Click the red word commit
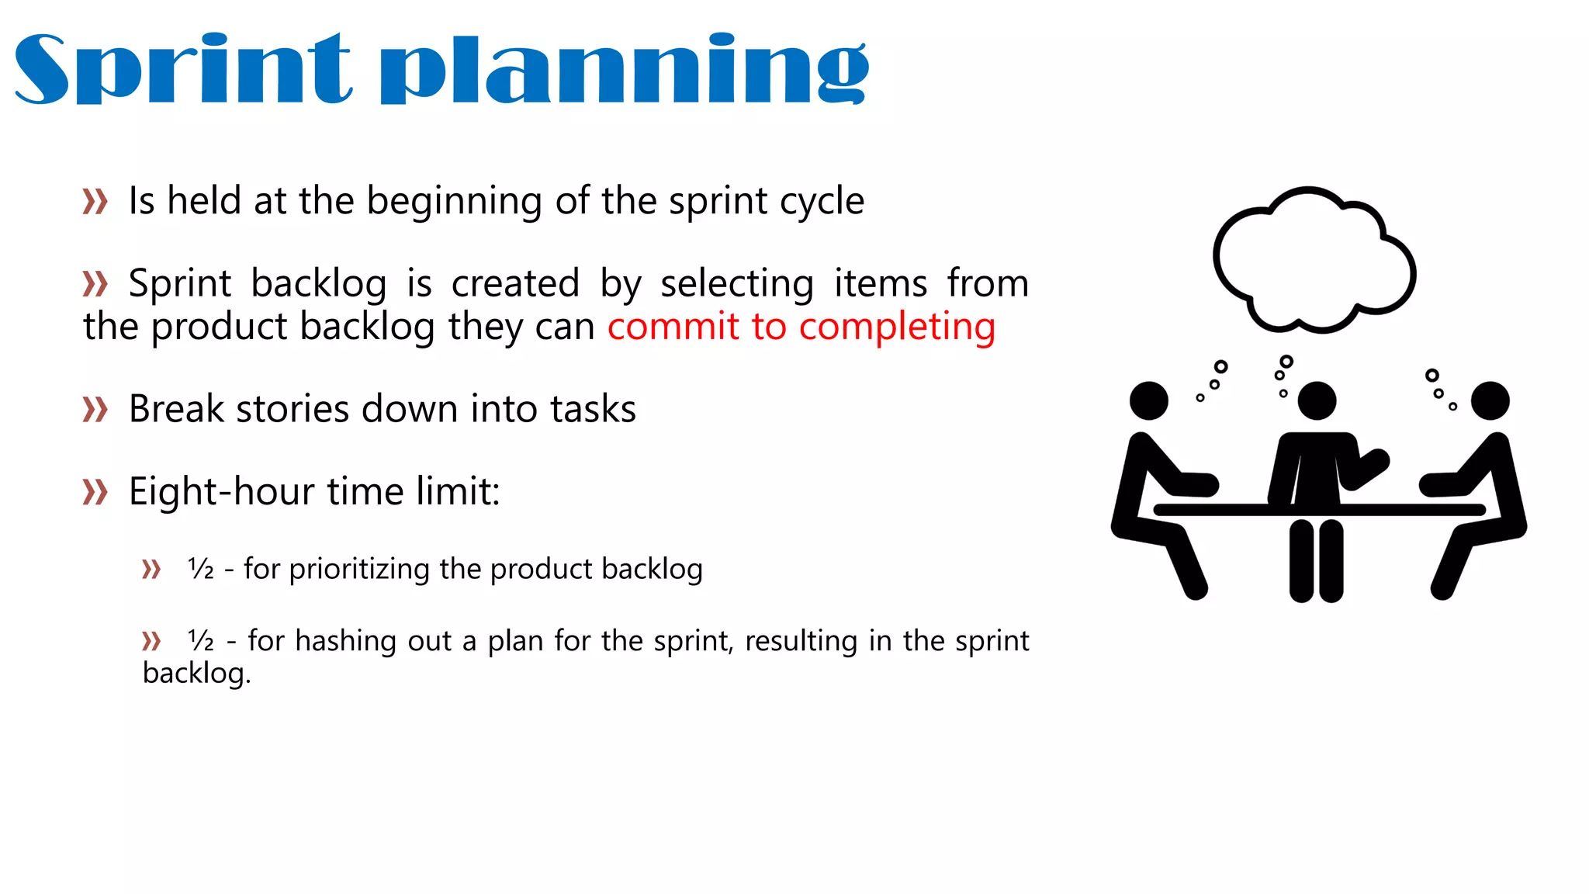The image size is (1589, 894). tap(673, 326)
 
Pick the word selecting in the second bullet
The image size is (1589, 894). tap(736, 283)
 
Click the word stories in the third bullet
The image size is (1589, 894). tap(293, 409)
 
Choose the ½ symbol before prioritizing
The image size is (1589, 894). tap(201, 570)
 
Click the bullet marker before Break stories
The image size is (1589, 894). tap(95, 409)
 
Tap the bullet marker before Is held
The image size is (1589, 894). tap(95, 202)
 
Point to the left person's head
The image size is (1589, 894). tap(1148, 400)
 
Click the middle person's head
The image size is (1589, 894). tap(1317, 400)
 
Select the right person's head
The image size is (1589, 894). tap(1490, 400)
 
